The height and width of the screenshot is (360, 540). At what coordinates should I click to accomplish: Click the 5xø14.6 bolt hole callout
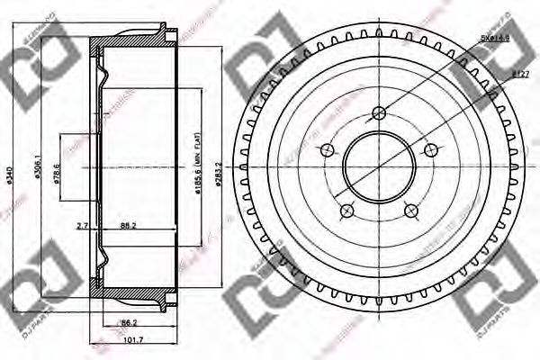[x=495, y=38]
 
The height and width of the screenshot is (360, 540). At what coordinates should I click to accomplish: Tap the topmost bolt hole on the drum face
[x=379, y=112]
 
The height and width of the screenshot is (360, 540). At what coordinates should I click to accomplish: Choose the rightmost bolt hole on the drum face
[x=432, y=150]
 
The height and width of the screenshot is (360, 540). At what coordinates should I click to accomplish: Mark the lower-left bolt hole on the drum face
[x=346, y=211]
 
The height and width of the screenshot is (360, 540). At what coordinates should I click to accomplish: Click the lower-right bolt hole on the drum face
[x=411, y=211]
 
